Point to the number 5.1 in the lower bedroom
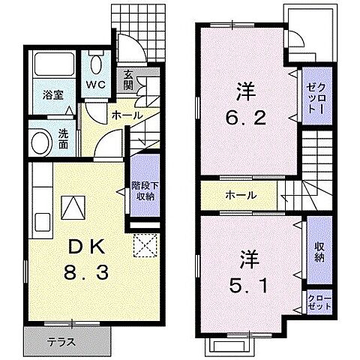tap(247, 285)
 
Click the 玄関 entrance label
tap(129, 79)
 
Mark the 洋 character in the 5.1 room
tap(247, 257)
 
